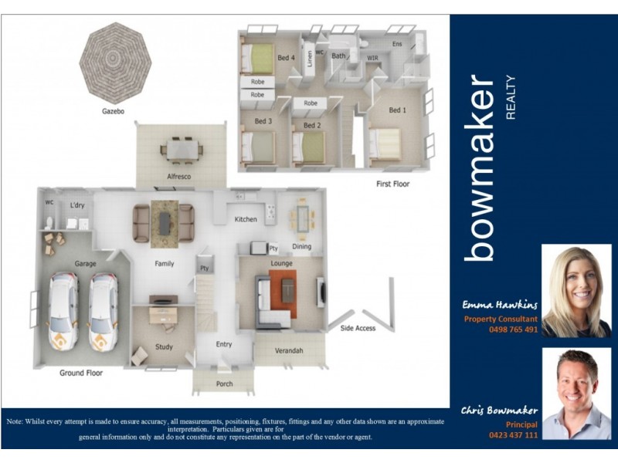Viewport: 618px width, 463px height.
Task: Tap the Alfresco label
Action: tap(179, 177)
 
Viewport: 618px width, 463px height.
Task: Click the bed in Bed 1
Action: tap(384, 144)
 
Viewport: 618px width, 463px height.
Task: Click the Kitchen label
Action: tap(246, 220)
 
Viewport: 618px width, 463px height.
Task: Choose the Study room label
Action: tap(164, 347)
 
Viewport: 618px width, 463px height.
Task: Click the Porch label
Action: tap(224, 384)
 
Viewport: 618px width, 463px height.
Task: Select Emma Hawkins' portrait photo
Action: tap(576, 291)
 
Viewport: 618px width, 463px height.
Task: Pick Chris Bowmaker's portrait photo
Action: tap(576, 393)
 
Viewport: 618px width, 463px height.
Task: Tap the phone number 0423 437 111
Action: tap(513, 435)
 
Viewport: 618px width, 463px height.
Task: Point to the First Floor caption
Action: tap(392, 184)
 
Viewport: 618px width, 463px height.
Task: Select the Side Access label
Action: tap(358, 329)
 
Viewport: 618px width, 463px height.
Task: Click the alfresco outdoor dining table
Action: tap(182, 148)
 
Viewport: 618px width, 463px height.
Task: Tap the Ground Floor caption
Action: tap(81, 373)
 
